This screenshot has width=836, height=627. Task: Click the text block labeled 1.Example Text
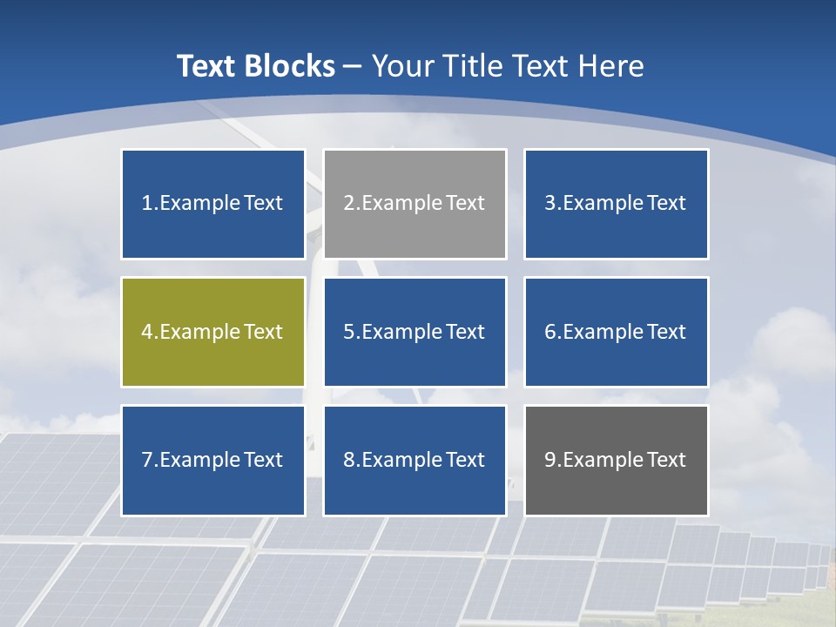[x=212, y=204]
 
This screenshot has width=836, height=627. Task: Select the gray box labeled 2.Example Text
[x=415, y=204]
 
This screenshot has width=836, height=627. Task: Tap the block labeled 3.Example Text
[x=616, y=204]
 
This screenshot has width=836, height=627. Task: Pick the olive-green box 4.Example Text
[x=212, y=332]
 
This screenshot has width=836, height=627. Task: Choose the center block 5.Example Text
[x=415, y=332]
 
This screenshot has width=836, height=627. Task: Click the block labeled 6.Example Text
[x=616, y=332]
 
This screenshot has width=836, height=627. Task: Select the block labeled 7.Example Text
[x=212, y=460]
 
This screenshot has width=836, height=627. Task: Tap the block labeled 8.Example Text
[x=415, y=460]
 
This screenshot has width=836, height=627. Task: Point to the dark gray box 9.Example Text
[x=616, y=460]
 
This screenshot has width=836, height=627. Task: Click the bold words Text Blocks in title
[x=255, y=66]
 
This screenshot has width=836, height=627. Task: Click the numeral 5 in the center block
[x=348, y=332]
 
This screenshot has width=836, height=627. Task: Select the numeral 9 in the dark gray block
[x=550, y=460]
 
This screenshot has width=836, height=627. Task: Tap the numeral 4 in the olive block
[x=147, y=332]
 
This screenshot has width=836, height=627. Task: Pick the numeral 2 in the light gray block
[x=348, y=204]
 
